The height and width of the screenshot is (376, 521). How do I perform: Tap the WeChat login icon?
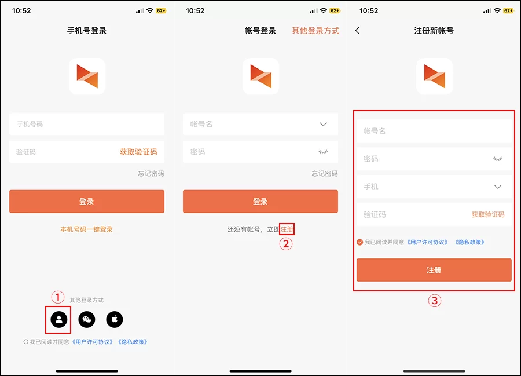click(x=87, y=319)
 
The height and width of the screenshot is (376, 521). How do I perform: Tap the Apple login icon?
click(x=115, y=319)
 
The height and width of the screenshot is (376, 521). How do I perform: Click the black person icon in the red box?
click(x=59, y=319)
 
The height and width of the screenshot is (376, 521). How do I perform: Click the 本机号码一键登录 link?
click(x=87, y=229)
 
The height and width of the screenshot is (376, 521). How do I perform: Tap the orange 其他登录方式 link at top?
click(x=315, y=31)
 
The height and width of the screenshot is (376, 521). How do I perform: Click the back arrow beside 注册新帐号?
click(x=358, y=31)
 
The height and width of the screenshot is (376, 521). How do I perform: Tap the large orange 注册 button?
click(x=434, y=270)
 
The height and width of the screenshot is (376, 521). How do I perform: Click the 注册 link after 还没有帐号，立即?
click(x=287, y=229)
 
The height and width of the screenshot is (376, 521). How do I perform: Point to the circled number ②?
click(x=286, y=244)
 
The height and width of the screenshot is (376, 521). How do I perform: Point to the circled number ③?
click(x=434, y=301)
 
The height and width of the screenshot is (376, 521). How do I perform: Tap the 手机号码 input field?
click(x=87, y=125)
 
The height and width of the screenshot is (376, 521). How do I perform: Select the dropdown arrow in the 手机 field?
click(x=498, y=187)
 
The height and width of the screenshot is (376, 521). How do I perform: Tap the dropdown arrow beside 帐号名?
click(x=324, y=124)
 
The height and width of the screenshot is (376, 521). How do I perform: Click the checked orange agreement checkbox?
click(x=360, y=242)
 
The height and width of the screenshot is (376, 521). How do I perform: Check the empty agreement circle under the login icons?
click(x=26, y=342)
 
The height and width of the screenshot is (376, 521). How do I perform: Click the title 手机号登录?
click(x=87, y=31)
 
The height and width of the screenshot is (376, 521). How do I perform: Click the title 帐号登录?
click(x=260, y=31)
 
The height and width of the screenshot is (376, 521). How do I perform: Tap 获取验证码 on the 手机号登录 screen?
click(x=138, y=152)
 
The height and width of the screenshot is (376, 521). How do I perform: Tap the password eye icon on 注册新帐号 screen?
click(x=498, y=159)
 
